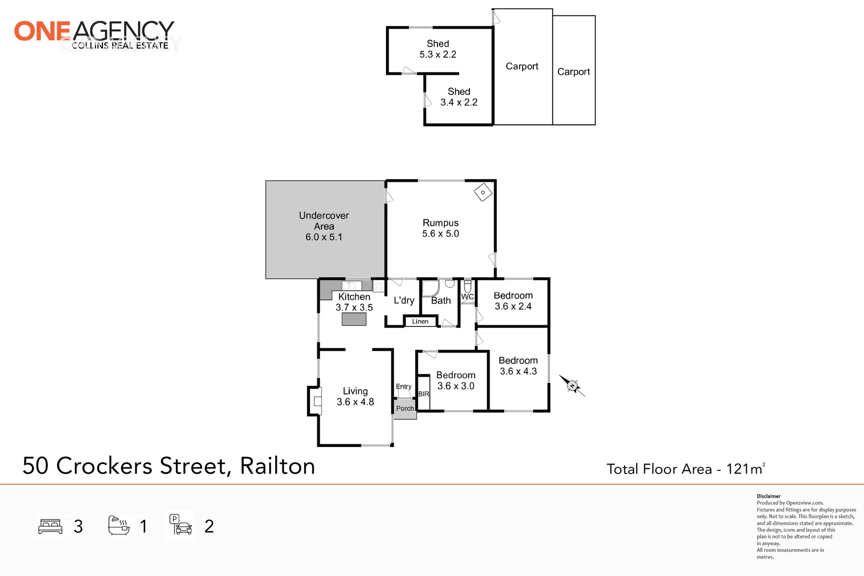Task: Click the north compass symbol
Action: tap(572, 385)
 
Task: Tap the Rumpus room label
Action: tap(441, 228)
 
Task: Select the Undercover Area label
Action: tap(324, 226)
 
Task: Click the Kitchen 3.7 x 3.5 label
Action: tap(354, 302)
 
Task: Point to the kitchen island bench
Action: tap(354, 319)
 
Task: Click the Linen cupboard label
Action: tap(420, 322)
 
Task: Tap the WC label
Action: tap(467, 297)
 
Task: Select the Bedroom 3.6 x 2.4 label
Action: tap(513, 301)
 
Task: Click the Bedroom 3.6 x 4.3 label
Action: tap(518, 366)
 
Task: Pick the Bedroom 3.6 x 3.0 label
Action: tap(455, 380)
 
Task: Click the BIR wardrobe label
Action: tap(423, 394)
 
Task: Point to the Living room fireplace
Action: tap(315, 401)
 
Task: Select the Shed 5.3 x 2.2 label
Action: tap(438, 49)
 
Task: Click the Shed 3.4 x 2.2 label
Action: tap(459, 97)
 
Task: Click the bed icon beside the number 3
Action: tap(51, 526)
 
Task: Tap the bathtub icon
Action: tap(118, 526)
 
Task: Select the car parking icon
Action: tap(181, 525)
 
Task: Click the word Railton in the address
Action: tap(277, 466)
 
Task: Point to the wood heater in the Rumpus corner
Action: tap(483, 193)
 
